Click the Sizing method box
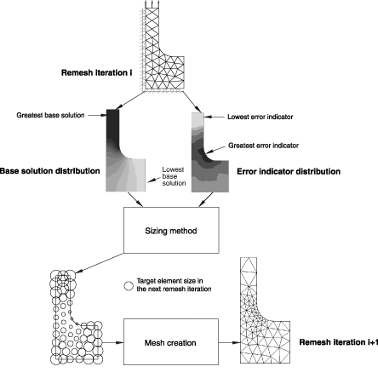tap(171, 230)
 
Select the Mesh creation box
tap(171, 341)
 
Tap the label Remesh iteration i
tap(96, 73)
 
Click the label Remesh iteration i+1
tap(339, 342)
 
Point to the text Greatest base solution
tap(50, 115)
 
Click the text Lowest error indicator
tap(261, 117)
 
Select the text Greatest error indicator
tap(263, 146)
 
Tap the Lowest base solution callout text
tap(174, 176)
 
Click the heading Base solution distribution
tap(49, 171)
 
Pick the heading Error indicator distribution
tap(289, 171)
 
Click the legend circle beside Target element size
tap(129, 286)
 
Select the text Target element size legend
tap(174, 285)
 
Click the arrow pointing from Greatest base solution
tap(97, 115)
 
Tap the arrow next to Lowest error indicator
tap(215, 117)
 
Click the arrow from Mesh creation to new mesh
tap(229, 342)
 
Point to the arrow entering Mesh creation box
tap(113, 342)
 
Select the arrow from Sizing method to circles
tap(100, 263)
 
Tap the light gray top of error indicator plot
tap(198, 119)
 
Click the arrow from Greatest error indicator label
tap(216, 150)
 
